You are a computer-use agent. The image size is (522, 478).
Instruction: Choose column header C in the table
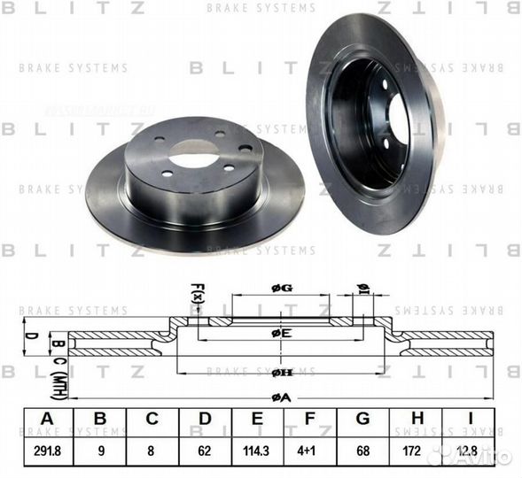tap(152, 420)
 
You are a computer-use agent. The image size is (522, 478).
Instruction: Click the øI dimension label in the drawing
tap(362, 289)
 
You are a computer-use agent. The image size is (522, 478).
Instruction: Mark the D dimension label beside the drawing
tap(27, 337)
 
